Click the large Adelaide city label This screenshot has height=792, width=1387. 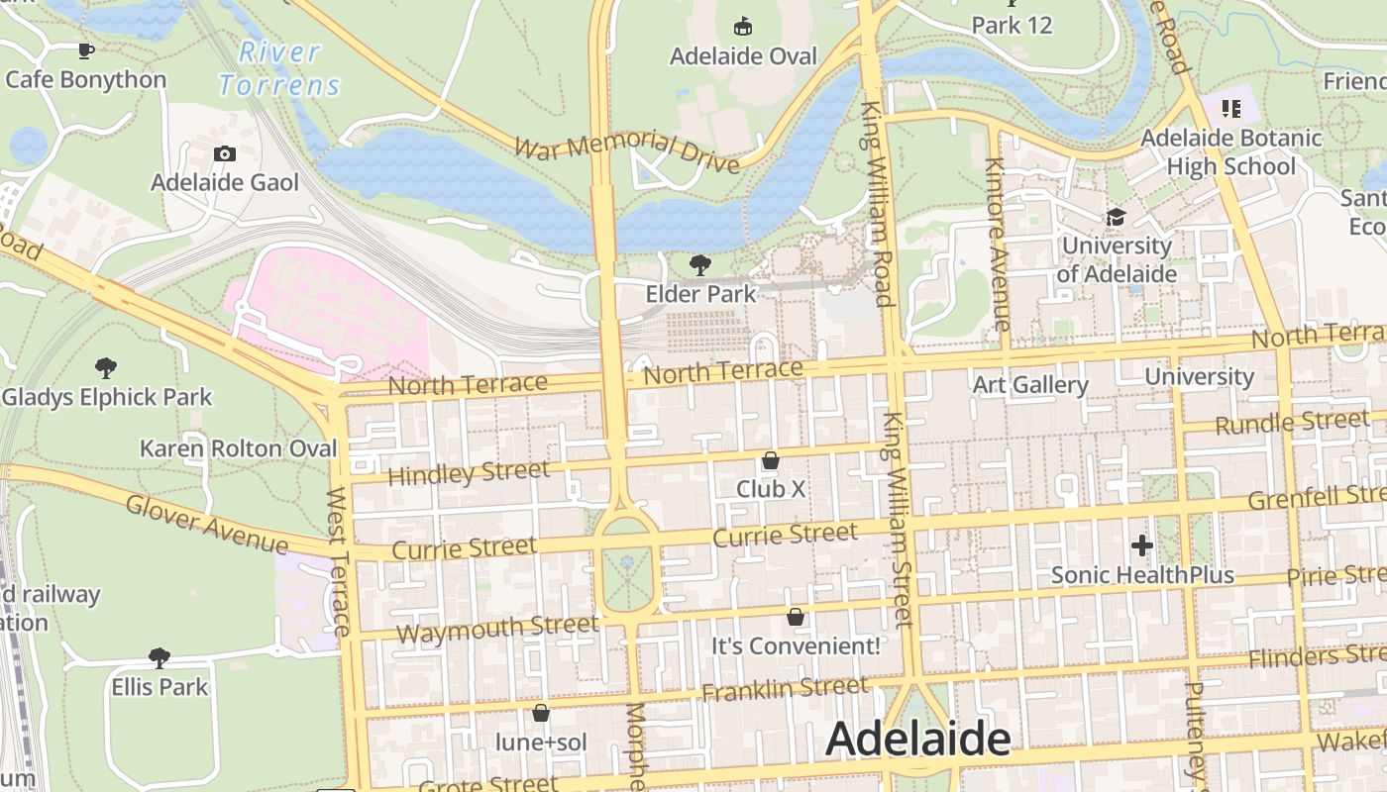coord(917,739)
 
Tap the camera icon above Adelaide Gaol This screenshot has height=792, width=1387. coord(225,153)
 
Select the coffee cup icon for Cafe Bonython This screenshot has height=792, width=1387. coord(86,50)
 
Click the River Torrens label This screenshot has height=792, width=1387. coord(280,68)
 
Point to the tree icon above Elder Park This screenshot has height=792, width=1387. coord(700,264)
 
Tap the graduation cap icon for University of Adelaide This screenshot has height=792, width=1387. coord(1116,217)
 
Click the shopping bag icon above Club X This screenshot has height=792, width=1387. coord(770,460)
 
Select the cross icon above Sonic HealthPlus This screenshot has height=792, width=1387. coord(1141,545)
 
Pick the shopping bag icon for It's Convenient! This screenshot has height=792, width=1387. coord(795,617)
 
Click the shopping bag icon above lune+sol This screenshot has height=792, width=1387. coord(541,713)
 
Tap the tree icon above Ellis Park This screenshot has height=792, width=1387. coord(159,657)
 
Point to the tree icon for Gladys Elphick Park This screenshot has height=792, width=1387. coord(106,368)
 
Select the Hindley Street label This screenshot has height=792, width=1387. coord(468,473)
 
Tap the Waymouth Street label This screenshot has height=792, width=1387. coord(497,628)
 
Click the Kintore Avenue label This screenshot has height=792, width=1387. coord(998,244)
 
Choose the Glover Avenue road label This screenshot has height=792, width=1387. coord(206,524)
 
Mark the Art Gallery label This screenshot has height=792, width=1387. coord(1030,384)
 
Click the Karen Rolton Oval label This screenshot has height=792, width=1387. coord(238,448)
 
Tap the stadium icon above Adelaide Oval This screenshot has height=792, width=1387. coord(742,26)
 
